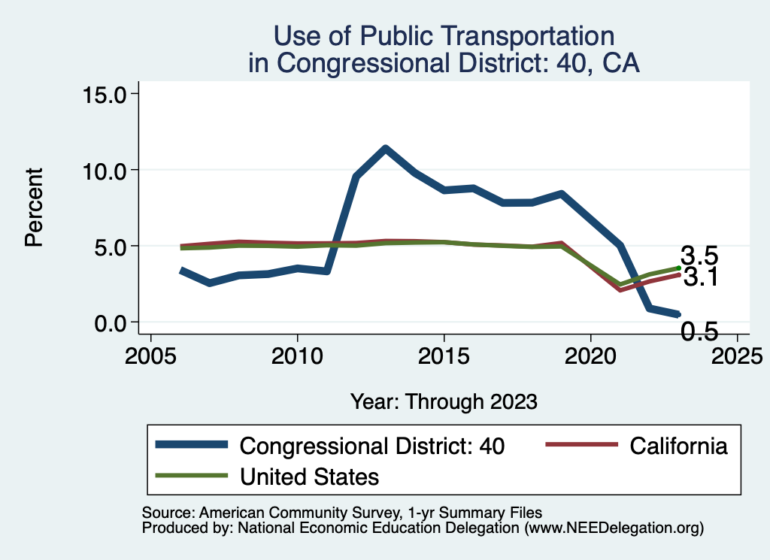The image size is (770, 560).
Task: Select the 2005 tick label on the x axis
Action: (150, 353)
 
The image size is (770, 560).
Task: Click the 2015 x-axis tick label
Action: (444, 353)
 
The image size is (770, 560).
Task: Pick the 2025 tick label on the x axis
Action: (737, 353)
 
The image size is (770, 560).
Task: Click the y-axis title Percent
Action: (33, 207)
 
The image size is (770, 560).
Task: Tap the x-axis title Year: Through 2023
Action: (444, 401)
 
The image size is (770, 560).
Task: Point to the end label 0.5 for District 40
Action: (699, 331)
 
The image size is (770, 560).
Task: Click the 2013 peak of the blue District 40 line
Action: (385, 148)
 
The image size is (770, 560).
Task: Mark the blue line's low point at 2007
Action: (209, 283)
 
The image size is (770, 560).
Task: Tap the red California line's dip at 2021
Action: (620, 289)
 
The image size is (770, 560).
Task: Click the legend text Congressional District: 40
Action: (371, 446)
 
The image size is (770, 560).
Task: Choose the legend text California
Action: (678, 446)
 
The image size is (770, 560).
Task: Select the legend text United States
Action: (309, 476)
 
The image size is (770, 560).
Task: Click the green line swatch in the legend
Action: (191, 475)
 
